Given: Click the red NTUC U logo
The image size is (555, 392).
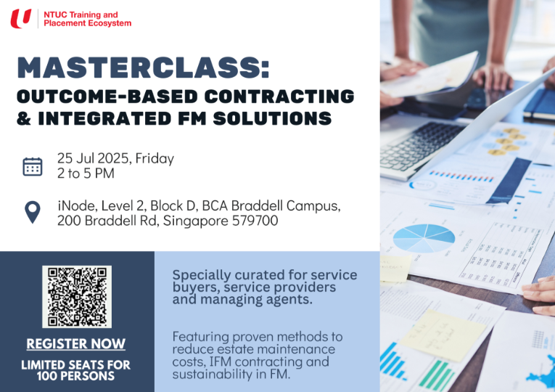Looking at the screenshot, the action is point(21,18).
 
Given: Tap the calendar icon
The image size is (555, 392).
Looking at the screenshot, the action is point(33,167).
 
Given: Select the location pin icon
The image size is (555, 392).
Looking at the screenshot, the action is point(33,212).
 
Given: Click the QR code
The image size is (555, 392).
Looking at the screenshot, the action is point(77,297).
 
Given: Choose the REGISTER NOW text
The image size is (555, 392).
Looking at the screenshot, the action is point(75,343).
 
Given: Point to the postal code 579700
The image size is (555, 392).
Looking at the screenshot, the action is point(255,221).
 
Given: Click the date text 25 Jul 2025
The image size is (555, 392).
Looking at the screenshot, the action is point(94,158).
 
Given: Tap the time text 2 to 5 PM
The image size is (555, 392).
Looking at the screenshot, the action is point(86,173).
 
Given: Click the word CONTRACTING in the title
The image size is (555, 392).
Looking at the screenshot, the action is point(279,97).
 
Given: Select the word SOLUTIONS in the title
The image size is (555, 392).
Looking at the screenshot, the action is point(273,118).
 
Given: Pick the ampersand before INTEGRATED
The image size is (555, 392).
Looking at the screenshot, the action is point(24,118).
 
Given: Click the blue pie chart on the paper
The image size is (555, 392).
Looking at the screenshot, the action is point(424,238).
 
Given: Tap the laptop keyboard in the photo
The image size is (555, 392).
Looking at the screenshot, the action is point(423,145).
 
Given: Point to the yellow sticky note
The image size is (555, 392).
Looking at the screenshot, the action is point(443,335).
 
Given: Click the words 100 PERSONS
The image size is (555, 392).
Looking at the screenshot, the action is point(75,376).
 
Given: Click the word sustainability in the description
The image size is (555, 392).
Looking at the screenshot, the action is point(208,374).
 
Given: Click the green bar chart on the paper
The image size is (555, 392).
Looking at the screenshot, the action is point(436,375).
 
